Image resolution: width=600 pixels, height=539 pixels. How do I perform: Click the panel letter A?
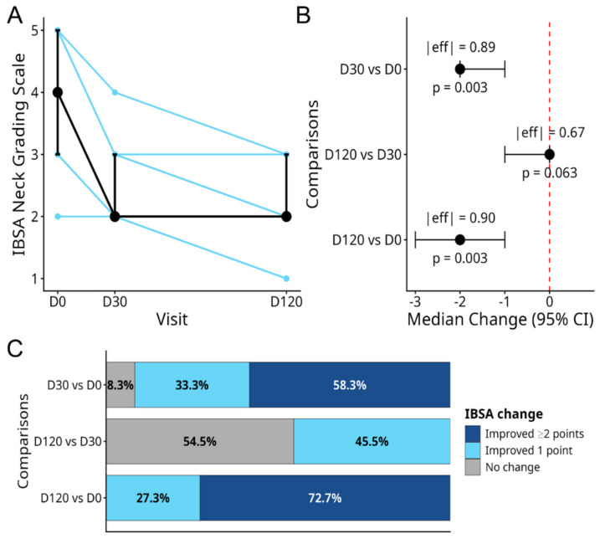point(14,16)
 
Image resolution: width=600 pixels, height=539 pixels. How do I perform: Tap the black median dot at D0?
point(58,92)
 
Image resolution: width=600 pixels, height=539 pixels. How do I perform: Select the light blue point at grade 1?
point(286,279)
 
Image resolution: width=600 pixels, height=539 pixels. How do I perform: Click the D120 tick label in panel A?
point(286,301)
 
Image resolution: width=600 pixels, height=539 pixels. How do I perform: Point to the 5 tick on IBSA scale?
point(35,30)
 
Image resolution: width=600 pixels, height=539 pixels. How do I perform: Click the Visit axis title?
point(172,319)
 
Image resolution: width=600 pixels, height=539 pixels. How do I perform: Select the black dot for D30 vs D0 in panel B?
point(460,69)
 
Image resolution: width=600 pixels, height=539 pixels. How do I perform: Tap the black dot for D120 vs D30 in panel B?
point(550,154)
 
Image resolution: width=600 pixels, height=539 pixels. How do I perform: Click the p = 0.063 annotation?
point(550,173)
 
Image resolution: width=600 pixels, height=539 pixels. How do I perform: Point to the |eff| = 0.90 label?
point(461,218)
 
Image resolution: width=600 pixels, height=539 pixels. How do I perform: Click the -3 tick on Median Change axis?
point(415,301)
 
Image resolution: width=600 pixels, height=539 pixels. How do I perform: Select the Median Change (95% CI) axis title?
point(500,319)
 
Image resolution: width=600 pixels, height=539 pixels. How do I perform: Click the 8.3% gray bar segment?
point(121,385)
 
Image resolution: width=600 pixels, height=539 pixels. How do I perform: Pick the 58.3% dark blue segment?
point(350,385)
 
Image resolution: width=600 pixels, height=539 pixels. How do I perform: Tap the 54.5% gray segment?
point(200,441)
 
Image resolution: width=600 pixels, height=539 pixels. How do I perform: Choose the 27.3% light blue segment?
point(153,498)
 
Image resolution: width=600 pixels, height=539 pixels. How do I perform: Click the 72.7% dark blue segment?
point(325,498)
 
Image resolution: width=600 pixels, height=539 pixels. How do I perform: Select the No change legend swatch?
point(473,467)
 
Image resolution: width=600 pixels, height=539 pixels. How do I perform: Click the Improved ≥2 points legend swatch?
point(473,434)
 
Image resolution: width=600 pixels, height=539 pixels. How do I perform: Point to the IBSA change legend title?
point(504,413)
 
